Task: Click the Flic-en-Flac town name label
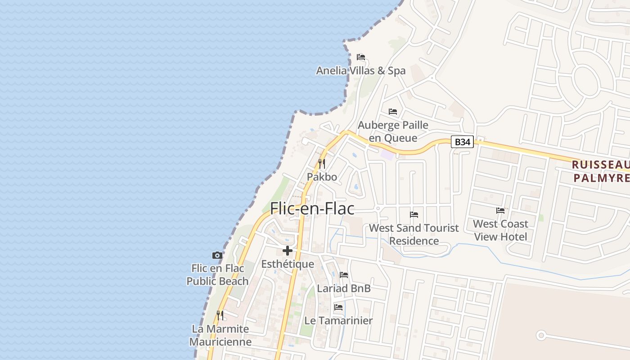(x=312, y=208)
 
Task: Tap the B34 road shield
(x=462, y=142)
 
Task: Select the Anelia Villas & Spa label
(x=360, y=71)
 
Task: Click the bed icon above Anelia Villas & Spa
(x=360, y=57)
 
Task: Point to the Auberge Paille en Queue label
(x=393, y=131)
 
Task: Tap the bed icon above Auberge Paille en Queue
(x=393, y=112)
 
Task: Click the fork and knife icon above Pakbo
(x=322, y=163)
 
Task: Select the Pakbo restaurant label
(x=322, y=177)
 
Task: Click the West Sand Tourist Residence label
(x=414, y=234)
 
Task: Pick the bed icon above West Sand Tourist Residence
(x=414, y=214)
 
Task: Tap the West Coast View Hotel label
(x=500, y=230)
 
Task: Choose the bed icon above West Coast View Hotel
(x=500, y=210)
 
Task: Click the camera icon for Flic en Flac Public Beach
(x=217, y=255)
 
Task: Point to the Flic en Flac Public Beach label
(x=217, y=274)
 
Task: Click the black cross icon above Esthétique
(x=288, y=251)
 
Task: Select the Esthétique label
(x=288, y=264)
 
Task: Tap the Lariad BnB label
(x=344, y=288)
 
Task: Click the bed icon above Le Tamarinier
(x=338, y=307)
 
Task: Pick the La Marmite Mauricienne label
(x=220, y=335)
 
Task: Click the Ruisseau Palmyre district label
(x=600, y=171)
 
